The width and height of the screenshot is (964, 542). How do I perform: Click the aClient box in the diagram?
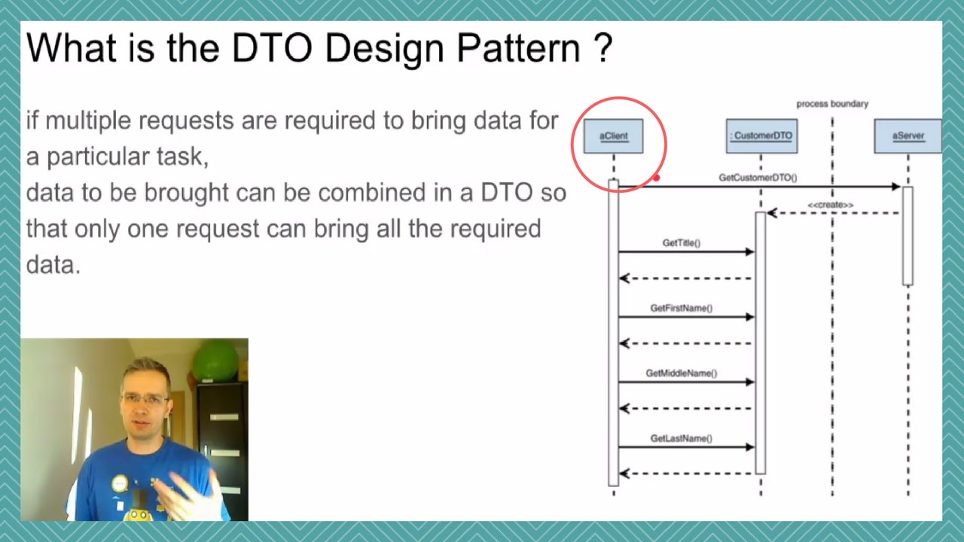(x=613, y=136)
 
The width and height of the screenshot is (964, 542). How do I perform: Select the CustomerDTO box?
(x=761, y=136)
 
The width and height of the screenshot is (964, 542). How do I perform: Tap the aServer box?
(x=908, y=136)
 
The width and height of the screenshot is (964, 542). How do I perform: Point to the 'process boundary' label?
(x=832, y=104)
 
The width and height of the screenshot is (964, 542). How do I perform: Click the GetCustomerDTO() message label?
(x=758, y=178)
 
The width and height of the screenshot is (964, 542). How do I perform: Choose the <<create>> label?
(x=830, y=205)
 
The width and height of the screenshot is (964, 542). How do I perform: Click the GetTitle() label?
(x=681, y=243)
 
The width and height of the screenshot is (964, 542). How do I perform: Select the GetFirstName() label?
(x=681, y=308)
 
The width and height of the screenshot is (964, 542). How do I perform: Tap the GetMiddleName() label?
(x=681, y=373)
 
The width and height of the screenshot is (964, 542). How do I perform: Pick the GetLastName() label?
(x=681, y=438)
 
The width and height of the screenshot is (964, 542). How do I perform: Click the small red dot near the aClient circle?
(x=657, y=178)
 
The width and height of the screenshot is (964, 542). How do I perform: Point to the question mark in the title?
(x=603, y=48)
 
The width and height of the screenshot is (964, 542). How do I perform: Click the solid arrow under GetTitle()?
(x=685, y=252)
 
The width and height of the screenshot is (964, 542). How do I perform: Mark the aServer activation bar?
(x=908, y=236)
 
